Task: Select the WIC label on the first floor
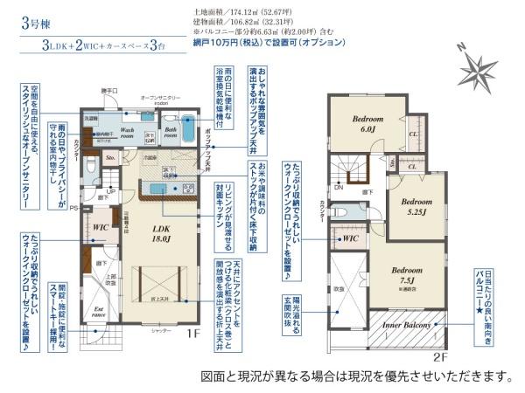click(x=100, y=227)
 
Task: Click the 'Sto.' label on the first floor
click(x=111, y=158)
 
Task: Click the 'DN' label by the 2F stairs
click(x=338, y=186)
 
